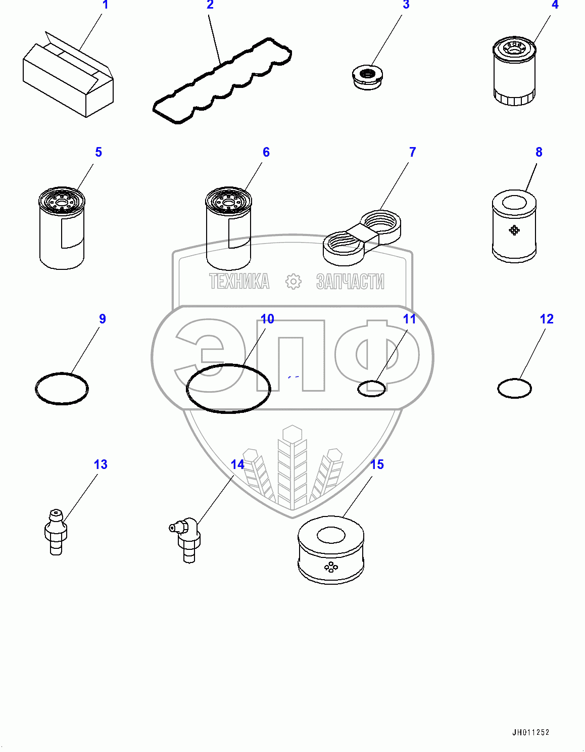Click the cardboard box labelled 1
[x=68, y=78]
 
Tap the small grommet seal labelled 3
[x=368, y=77]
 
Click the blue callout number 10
[x=267, y=319]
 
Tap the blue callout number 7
[x=412, y=152]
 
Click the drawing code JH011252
[x=530, y=732]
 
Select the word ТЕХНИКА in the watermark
[x=239, y=281]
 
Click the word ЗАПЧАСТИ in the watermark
[x=350, y=281]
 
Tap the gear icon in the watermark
[x=293, y=281]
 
